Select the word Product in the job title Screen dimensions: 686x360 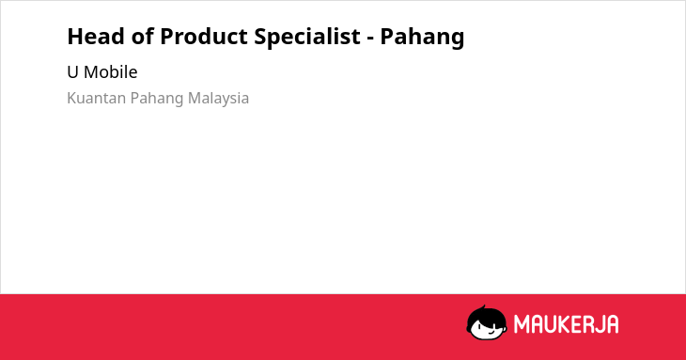pos(203,36)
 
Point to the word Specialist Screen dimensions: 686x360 pos(307,37)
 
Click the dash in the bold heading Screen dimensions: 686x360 pos(370,39)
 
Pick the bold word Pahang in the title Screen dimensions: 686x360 pos(422,38)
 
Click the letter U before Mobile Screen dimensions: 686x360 pos(72,72)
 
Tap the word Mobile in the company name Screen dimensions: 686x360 pos(110,71)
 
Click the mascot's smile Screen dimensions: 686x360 pos(491,332)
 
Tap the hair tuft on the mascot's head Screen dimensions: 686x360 pos(483,307)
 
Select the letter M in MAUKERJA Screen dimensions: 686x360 pos(522,324)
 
